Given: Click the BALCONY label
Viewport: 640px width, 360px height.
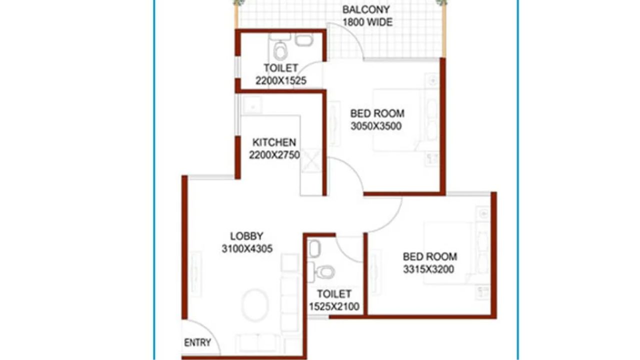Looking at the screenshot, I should coord(366,9).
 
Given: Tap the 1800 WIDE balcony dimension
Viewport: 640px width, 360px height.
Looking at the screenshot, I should coord(367,22).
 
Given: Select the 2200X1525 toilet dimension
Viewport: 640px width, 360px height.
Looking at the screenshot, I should coord(280,80).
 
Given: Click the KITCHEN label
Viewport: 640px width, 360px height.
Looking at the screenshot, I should coord(274,142).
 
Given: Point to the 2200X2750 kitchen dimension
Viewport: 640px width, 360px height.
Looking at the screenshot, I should coord(274,155).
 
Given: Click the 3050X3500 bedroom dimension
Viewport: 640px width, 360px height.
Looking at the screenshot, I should coord(376,126).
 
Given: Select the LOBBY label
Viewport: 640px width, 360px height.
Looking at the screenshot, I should coord(246,236).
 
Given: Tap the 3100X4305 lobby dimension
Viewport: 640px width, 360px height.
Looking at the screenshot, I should coord(247,248).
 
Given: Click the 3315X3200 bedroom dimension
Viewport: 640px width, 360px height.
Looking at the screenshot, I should coord(429,269).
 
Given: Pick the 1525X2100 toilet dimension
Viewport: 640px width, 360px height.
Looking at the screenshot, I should coord(334,306).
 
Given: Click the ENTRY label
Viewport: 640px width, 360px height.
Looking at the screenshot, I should coord(197,343).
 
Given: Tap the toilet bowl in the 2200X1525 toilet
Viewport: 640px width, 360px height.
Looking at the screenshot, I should coord(280,51).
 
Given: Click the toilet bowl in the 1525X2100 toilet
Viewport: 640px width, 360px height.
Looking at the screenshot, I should coord(325,272).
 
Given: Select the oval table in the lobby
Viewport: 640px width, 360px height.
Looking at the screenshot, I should coord(255,302).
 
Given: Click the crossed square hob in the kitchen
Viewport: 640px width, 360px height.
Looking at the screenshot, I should coord(311,162).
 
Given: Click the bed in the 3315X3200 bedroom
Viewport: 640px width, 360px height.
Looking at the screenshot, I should coord(447,252).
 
